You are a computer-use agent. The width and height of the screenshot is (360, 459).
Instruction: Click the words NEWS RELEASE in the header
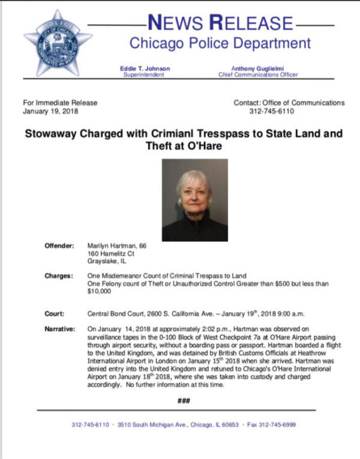(221, 23)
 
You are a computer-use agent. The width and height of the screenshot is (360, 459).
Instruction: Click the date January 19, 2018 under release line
(50, 112)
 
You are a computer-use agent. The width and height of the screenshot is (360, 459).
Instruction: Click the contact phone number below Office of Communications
(269, 112)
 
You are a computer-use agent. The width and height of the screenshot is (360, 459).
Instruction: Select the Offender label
(59, 247)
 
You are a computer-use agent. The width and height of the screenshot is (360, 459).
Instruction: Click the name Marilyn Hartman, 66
(117, 247)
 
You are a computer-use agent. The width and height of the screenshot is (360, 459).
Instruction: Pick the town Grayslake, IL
(107, 262)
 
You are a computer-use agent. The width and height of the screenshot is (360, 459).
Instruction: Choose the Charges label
(59, 277)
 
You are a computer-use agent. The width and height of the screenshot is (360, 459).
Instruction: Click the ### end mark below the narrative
(184, 400)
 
